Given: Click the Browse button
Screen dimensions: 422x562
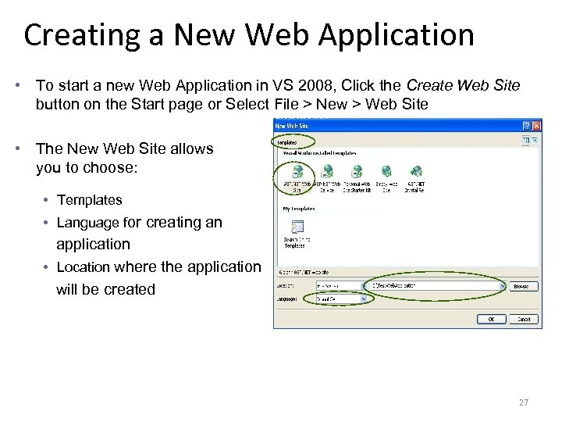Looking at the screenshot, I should (521, 286).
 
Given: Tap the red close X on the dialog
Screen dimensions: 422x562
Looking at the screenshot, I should (536, 125).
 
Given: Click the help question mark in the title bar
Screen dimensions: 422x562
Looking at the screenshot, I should (526, 125).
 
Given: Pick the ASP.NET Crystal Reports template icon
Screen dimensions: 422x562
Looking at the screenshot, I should (416, 172).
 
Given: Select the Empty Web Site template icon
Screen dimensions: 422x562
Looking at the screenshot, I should (386, 172).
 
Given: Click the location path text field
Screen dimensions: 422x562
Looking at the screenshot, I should (437, 286).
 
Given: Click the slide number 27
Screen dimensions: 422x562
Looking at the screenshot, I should (523, 402).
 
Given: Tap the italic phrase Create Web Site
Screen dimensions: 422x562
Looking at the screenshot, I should (464, 84).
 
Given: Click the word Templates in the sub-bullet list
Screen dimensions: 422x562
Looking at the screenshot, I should (90, 200).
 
